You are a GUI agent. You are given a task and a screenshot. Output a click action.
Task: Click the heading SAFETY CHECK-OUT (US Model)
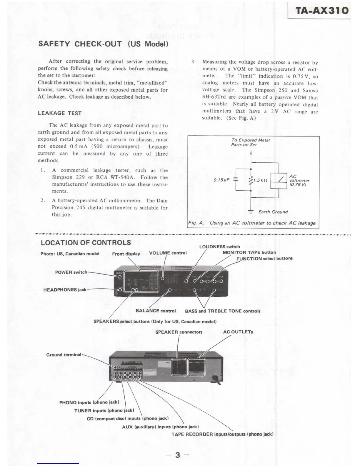click(x=103, y=44)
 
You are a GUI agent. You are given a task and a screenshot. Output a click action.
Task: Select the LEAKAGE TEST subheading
click(x=60, y=113)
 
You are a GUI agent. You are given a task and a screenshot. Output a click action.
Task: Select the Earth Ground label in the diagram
click(x=273, y=212)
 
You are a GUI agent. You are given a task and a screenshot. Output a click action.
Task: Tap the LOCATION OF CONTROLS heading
click(x=86, y=243)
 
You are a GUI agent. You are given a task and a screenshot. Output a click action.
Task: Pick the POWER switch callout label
click(x=71, y=272)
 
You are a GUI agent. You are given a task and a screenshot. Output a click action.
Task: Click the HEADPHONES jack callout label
click(x=65, y=290)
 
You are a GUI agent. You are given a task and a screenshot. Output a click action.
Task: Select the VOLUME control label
click(x=168, y=253)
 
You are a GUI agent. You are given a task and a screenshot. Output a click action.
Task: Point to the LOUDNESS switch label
click(x=219, y=247)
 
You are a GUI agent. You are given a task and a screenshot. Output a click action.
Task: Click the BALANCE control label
click(x=156, y=311)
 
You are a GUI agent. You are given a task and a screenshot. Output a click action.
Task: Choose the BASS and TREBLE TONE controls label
click(x=223, y=311)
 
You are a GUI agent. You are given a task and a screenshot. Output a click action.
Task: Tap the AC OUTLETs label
click(x=238, y=332)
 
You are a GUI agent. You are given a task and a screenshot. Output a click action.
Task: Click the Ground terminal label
click(x=64, y=355)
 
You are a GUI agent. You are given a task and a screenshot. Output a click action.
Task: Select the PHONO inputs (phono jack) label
click(x=89, y=402)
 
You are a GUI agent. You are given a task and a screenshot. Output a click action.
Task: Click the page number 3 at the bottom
click(x=177, y=455)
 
